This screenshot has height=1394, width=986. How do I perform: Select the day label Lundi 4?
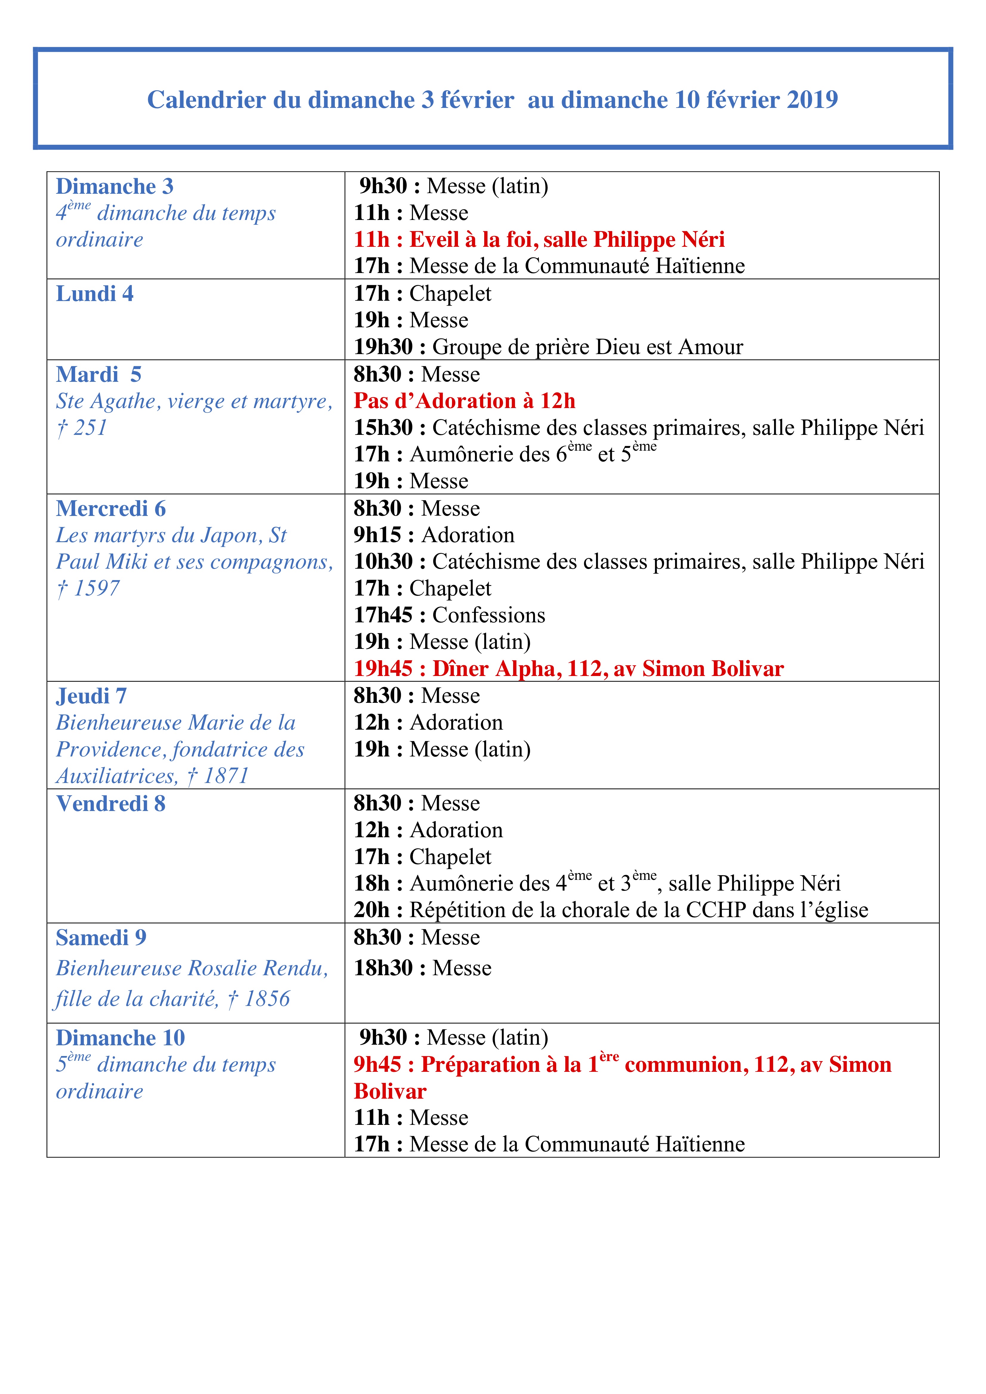(95, 294)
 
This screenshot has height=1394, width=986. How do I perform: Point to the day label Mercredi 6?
(111, 509)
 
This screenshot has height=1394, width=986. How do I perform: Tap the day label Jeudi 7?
(91, 696)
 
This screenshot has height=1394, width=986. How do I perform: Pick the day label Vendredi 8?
(111, 804)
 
